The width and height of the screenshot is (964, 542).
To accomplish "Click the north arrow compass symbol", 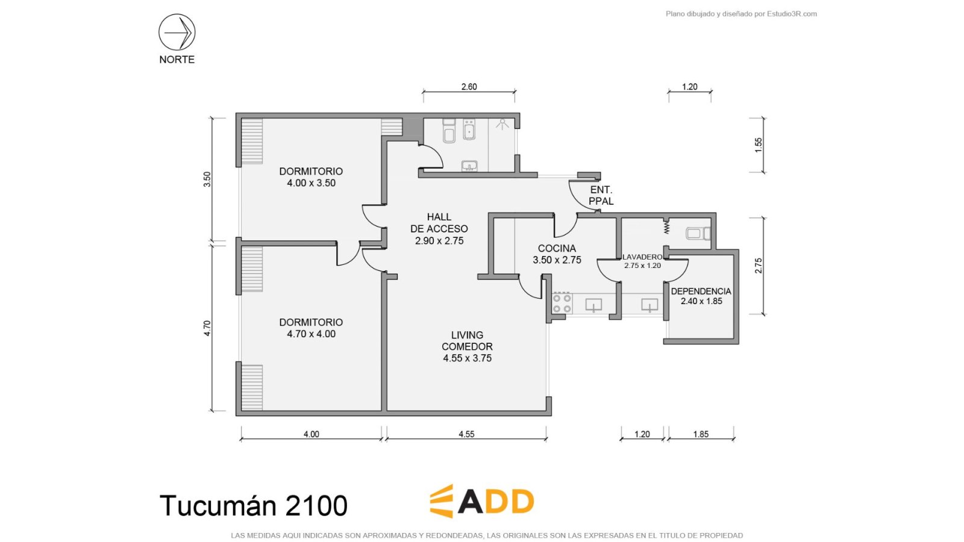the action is [x=177, y=33].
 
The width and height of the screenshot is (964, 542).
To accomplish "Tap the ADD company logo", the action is [x=482, y=501].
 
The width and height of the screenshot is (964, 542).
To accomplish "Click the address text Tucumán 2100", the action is [x=254, y=505].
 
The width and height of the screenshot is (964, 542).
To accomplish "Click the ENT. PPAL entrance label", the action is [x=601, y=195].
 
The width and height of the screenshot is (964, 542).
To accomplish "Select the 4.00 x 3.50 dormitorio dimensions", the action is [x=311, y=183].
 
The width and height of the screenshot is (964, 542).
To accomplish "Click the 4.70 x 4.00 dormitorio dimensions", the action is [x=311, y=334].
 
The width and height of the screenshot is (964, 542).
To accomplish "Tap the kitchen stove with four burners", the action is [x=562, y=304].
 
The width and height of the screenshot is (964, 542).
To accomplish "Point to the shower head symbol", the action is [x=502, y=124].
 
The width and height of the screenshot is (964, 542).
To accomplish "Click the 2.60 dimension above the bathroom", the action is [x=469, y=87].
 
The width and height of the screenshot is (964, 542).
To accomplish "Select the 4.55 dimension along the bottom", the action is [x=466, y=434].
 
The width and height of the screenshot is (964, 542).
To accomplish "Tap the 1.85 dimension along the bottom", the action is [x=701, y=434].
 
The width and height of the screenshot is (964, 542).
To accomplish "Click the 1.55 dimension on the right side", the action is [x=759, y=145].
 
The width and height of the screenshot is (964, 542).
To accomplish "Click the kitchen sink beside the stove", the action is [x=593, y=305].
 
